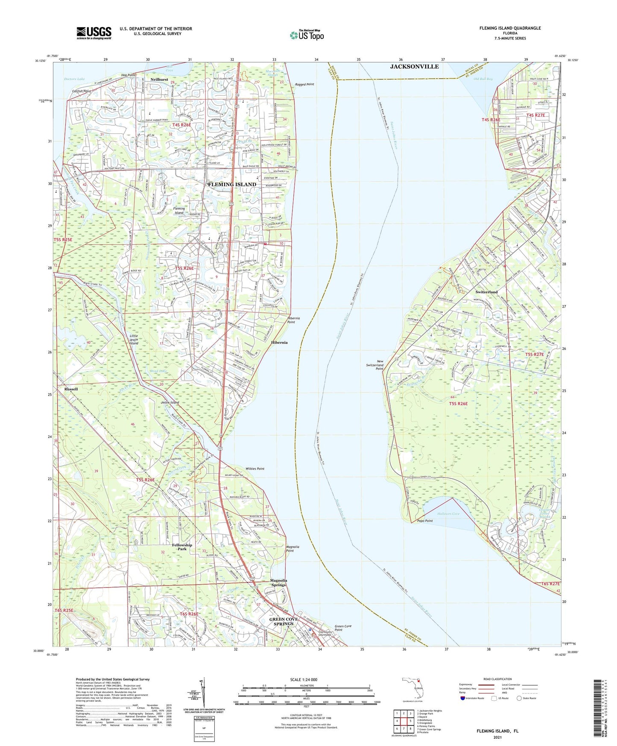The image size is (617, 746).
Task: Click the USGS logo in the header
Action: coord(94,33)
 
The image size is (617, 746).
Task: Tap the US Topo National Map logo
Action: coord(307,35)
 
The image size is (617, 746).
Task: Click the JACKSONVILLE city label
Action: coord(414,67)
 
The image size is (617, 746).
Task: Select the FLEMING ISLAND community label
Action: coord(232,185)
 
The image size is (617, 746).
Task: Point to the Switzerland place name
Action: coord(486,292)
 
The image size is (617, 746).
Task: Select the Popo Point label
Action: coord(423,521)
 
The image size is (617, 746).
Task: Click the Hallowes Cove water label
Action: coord(448,514)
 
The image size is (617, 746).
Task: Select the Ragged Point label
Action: coord(304,85)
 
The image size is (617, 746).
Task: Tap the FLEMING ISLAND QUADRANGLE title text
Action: coord(504,28)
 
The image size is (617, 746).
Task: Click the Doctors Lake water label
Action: coord(74,79)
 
